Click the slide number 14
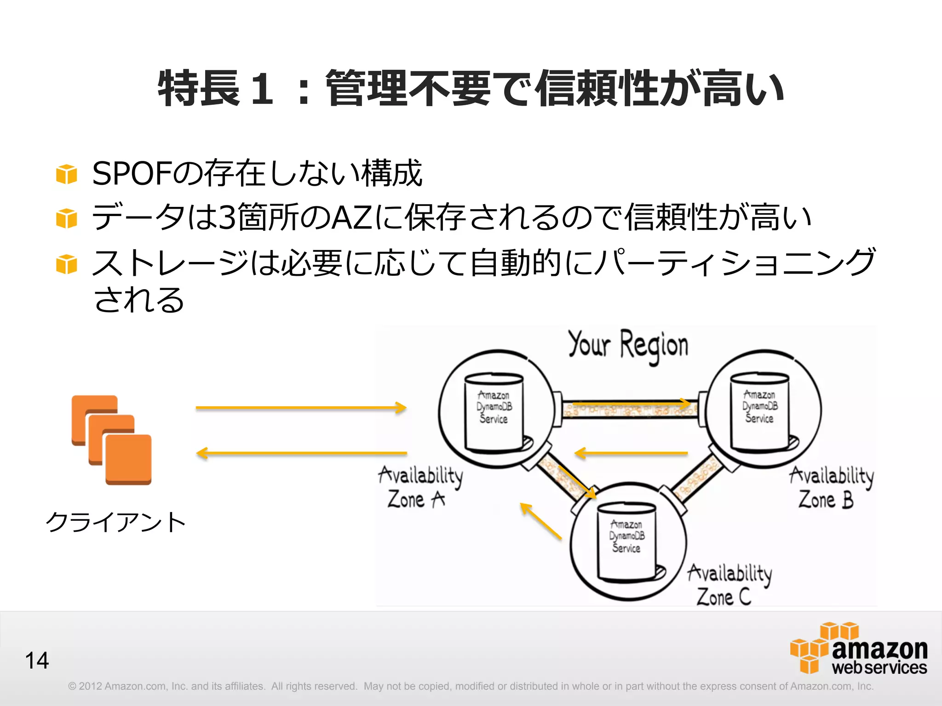tap(37, 660)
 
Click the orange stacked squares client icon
tap(112, 440)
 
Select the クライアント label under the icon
tap(115, 523)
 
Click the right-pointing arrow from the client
tap(301, 408)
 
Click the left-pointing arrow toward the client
tap(301, 453)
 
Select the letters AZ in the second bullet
tap(352, 217)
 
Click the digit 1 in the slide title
tap(263, 88)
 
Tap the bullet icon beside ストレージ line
tap(67, 264)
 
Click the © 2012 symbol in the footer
tap(72, 686)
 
